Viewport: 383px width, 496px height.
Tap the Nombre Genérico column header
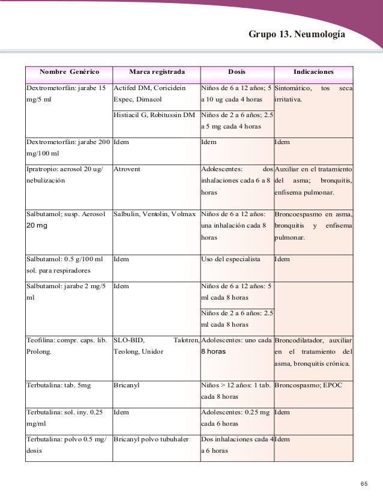point(69,73)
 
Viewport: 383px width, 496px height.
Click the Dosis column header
point(237,73)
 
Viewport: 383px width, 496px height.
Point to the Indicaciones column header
point(313,73)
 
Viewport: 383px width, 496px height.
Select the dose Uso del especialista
point(231,259)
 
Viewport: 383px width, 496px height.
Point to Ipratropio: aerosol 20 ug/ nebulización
point(64,175)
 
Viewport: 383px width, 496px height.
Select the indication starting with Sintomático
point(313,94)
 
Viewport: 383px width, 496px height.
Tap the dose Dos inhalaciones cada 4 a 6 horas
point(237,445)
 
